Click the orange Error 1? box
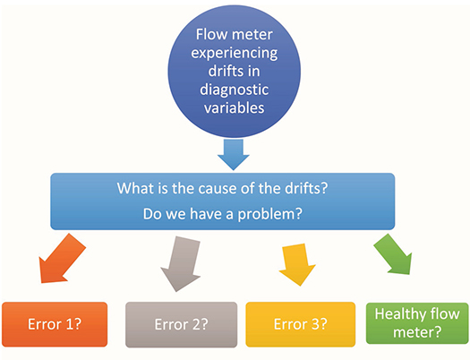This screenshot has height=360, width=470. (55, 323)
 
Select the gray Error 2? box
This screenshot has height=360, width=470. (181, 323)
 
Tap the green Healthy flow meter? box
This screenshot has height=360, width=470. (416, 323)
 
